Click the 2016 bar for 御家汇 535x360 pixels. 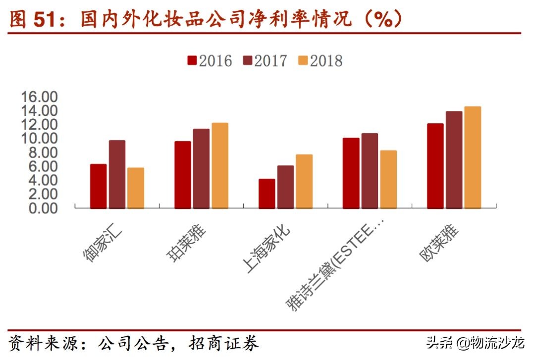click(98, 186)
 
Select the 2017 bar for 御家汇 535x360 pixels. click(117, 174)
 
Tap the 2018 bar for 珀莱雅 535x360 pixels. click(220, 165)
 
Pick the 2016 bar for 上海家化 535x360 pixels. click(267, 194)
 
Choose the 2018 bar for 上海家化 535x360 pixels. click(304, 181)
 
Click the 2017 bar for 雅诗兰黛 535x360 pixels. click(370, 171)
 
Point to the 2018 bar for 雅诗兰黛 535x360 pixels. click(388, 179)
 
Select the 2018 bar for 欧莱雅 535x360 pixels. click(473, 157)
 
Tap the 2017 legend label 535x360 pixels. click(271, 61)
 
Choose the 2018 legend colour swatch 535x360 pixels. click(303, 61)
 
